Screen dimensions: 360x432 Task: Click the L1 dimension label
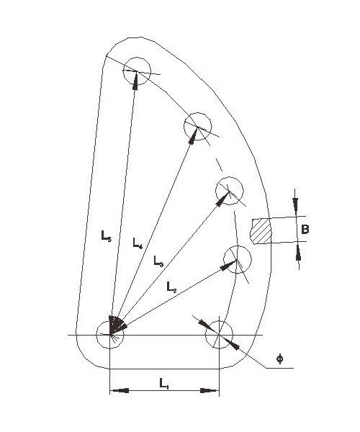[164, 384]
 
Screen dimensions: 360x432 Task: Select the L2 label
[171, 287]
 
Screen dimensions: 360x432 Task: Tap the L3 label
[158, 261]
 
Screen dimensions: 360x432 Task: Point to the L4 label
[138, 243]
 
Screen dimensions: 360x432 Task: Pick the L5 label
[107, 236]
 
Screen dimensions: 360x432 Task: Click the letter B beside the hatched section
[305, 229]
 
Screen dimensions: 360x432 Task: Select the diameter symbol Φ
[280, 359]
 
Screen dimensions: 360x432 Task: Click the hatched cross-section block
[261, 231]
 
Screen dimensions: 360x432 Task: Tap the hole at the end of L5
[137, 71]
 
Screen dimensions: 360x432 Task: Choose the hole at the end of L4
[197, 127]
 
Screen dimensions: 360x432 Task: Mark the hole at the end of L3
[229, 191]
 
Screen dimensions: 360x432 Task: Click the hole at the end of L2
[237, 259]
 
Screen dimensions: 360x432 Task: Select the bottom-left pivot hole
[110, 335]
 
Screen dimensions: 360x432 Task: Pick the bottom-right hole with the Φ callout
[219, 335]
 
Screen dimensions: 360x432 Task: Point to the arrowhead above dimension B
[295, 207]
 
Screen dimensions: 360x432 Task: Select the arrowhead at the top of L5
[135, 81]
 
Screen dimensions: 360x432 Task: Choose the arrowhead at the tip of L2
[229, 264]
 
